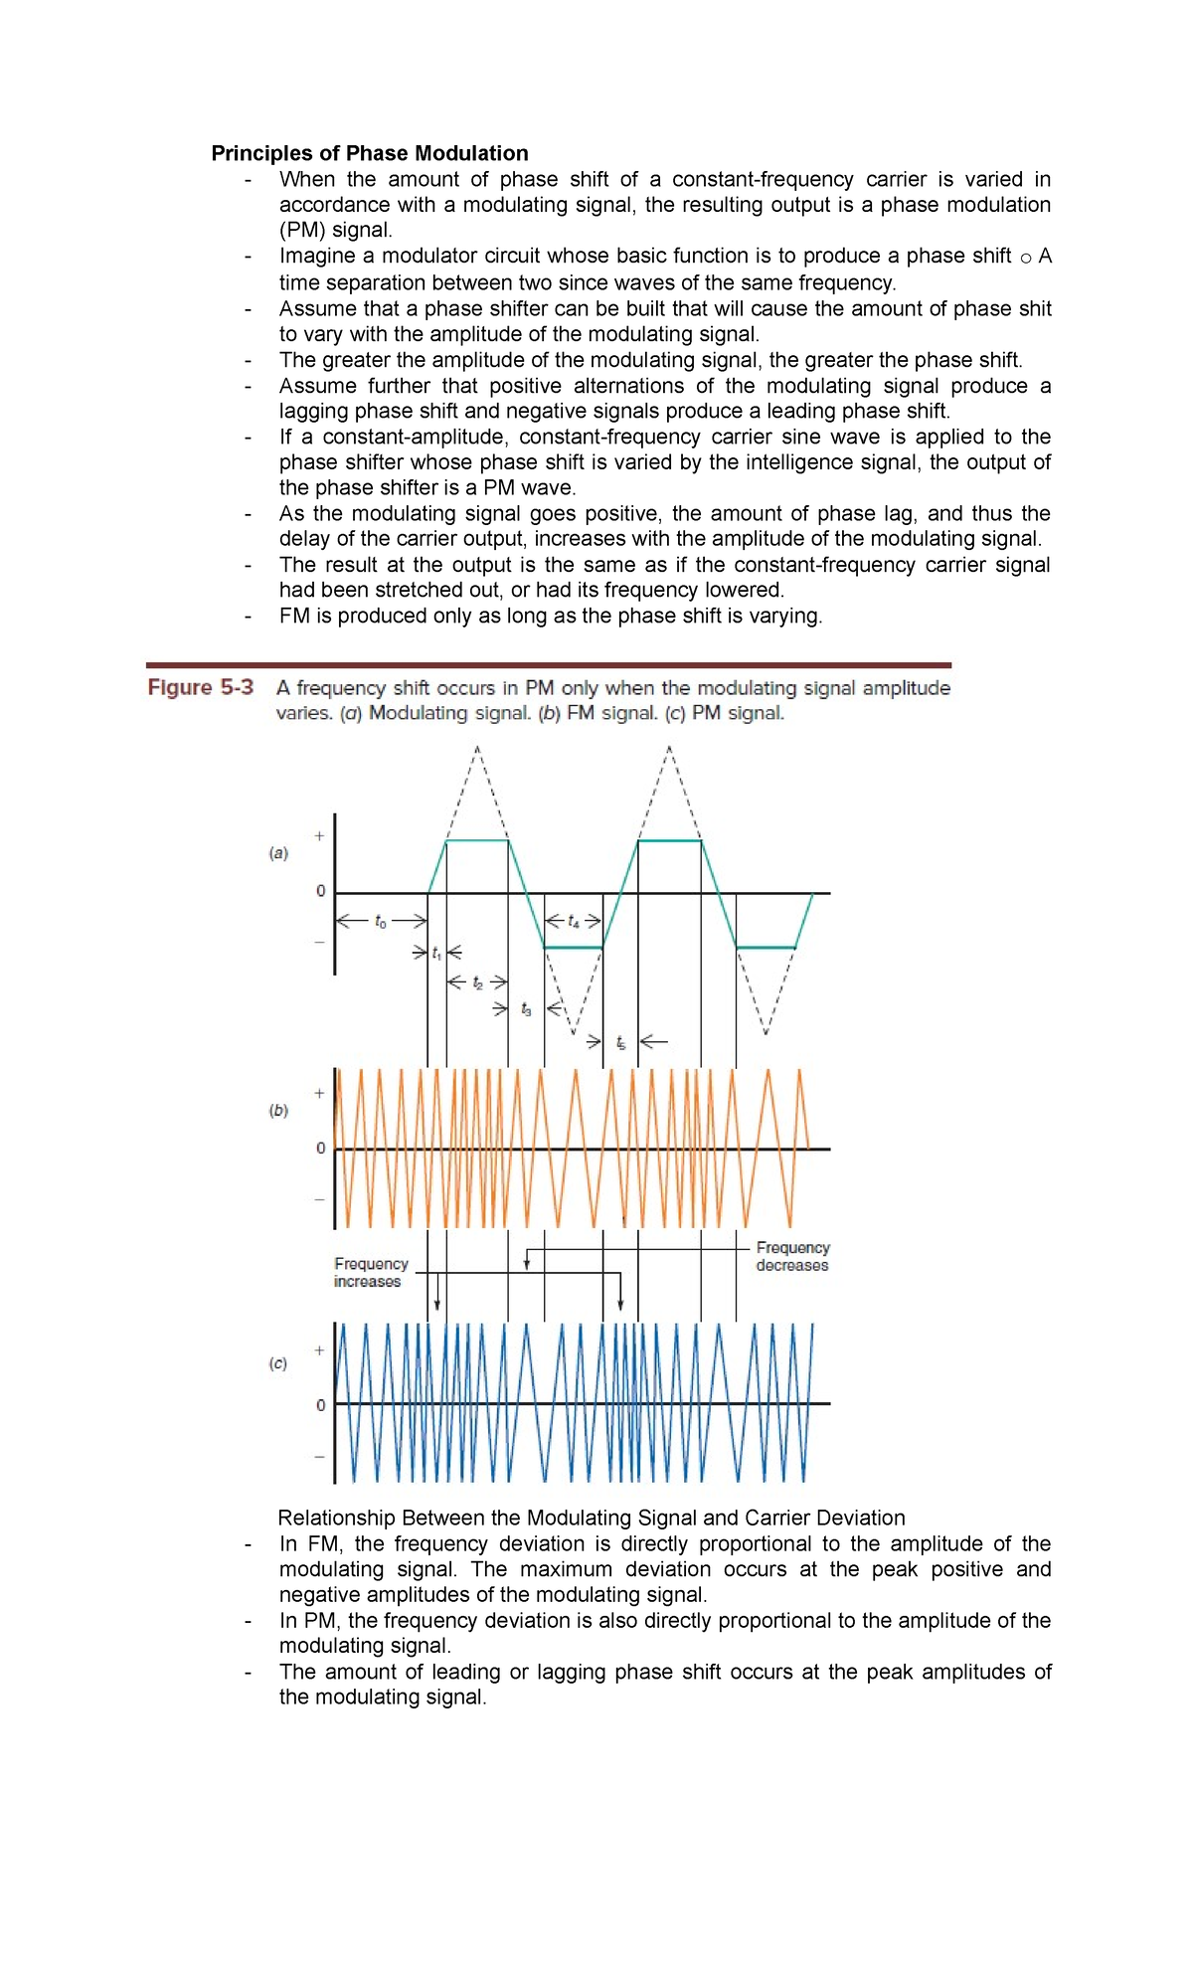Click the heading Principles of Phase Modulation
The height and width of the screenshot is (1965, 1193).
369,153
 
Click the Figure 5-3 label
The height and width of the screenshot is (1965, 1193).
201,687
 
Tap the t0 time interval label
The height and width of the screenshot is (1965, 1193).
381,922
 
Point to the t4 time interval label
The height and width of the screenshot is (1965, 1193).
574,922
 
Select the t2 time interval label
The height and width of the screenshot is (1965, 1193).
478,982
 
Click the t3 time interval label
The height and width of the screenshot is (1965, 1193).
526,1010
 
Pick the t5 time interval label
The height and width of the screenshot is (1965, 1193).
620,1042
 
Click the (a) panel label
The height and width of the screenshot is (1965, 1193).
278,853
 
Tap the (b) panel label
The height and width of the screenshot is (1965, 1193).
278,1110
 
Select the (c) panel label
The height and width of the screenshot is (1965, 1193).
278,1363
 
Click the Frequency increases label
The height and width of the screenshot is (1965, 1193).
371,1272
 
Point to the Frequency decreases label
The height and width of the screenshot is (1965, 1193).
792,1256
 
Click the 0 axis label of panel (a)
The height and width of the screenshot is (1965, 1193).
320,891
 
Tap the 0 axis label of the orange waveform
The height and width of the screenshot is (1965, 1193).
320,1148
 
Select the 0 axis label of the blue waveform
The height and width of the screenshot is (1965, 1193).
320,1404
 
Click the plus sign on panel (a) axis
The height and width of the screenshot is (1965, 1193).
319,836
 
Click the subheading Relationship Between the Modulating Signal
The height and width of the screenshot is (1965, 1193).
591,1518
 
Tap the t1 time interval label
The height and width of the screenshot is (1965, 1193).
436,954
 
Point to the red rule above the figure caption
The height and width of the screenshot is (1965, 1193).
548,664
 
